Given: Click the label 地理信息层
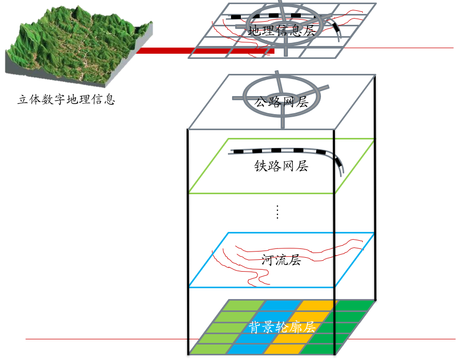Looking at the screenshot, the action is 281,30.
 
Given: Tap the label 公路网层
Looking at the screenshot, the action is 281,102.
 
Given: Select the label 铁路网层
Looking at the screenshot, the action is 281,166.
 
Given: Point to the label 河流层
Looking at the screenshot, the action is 281,260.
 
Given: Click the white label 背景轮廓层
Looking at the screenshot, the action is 282,327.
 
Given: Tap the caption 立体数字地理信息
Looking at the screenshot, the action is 66,99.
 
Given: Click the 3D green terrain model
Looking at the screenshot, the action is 78,44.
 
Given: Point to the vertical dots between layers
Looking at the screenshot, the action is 277,212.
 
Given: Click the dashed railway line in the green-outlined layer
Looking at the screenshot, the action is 279,151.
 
